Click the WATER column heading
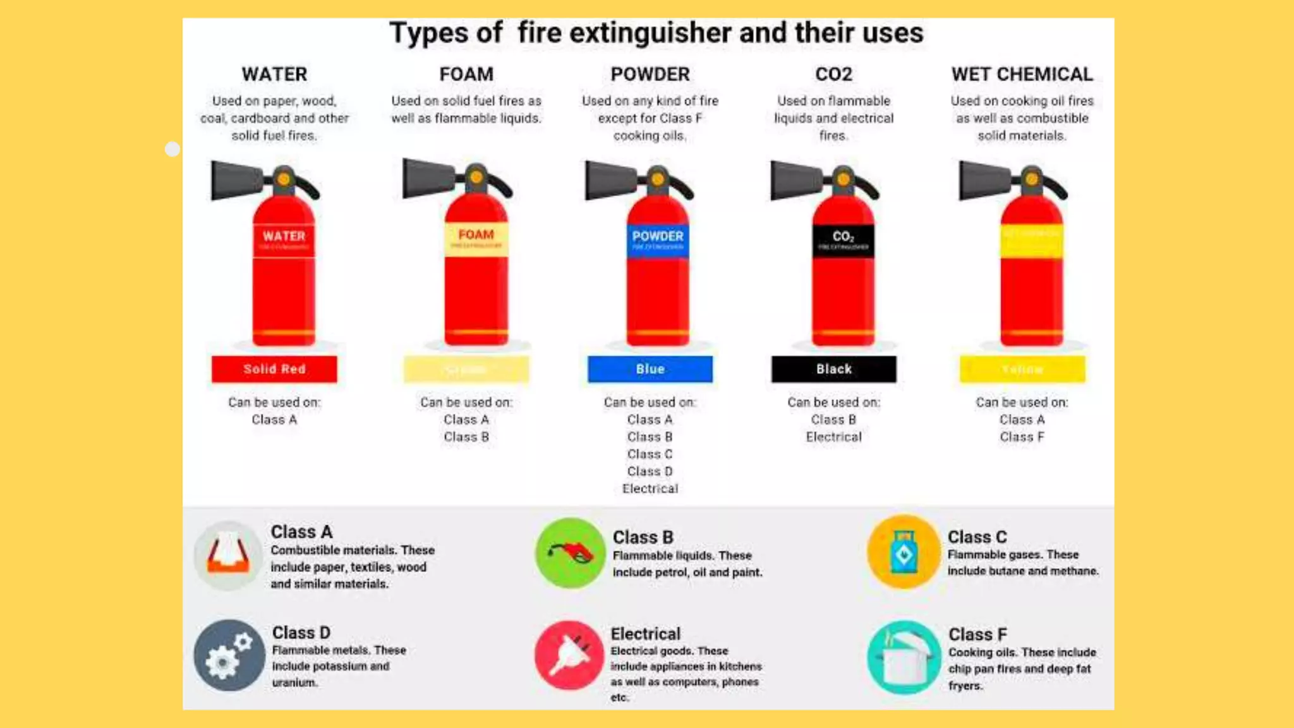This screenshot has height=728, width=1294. pos(274,74)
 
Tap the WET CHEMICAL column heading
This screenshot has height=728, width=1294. pos(1022,74)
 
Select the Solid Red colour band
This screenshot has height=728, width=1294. pos(274,369)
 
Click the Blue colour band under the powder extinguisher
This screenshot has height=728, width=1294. pos(650,369)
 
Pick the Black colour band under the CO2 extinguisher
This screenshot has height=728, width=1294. pos(833,369)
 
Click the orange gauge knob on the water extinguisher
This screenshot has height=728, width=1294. pos(284,179)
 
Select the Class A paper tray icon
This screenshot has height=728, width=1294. pos(228,555)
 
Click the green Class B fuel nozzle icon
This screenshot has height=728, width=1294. pos(570,553)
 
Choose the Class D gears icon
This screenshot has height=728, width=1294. pos(229,655)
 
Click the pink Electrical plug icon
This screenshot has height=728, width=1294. pos(569,655)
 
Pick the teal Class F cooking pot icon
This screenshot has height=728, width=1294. pos(904,657)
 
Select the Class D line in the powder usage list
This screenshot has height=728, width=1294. pos(650,471)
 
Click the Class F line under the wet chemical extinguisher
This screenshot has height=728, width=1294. pos(1022,437)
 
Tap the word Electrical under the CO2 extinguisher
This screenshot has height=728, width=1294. pos(833,437)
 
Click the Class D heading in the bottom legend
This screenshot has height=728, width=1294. pos(301,633)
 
